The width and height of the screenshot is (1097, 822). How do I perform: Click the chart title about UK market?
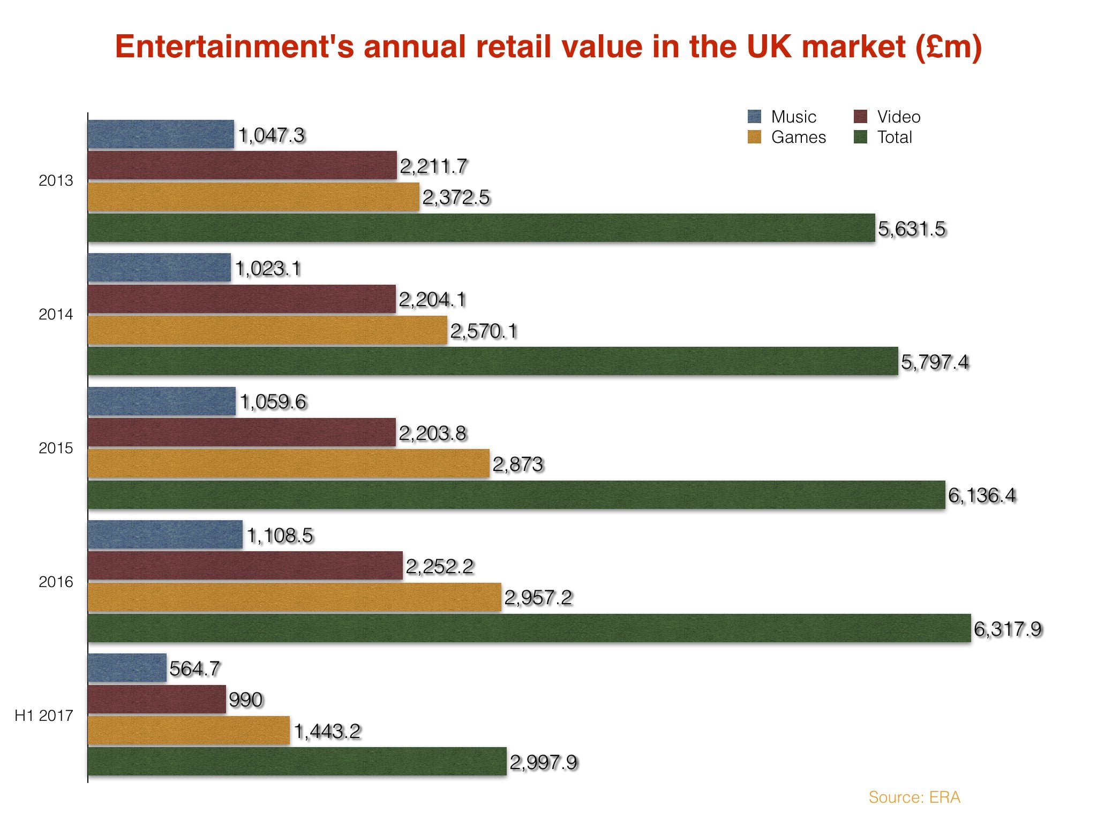pos(548,47)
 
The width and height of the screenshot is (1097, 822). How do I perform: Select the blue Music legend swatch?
pos(754,117)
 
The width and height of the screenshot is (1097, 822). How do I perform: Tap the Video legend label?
pos(898,117)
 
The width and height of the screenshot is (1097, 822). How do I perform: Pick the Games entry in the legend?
pos(798,138)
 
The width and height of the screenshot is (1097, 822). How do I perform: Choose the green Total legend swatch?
pos(860,137)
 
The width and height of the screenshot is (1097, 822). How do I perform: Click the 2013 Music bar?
pos(161,134)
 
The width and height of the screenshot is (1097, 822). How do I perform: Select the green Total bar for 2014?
pos(493,361)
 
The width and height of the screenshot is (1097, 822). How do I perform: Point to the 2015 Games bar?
pos(289,463)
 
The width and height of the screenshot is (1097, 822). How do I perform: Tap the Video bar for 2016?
pos(245,566)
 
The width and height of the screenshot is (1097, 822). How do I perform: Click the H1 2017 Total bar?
pos(297,762)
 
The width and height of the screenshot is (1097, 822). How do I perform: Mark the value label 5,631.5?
pos(912,229)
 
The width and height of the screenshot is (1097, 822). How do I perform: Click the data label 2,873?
pos(518,464)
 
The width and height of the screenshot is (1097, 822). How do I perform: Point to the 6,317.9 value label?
pos(1008,629)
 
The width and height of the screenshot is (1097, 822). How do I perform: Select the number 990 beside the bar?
pos(246,699)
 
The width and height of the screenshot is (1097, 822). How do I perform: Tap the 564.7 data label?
pos(194,668)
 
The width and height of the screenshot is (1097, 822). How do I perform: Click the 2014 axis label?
pos(56,315)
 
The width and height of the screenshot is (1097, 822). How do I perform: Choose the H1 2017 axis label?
pos(44,716)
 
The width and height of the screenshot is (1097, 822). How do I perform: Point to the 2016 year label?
pos(56,582)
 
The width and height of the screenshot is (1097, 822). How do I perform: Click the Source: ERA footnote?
pos(914,797)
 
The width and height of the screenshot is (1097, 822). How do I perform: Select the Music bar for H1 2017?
pos(127,668)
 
